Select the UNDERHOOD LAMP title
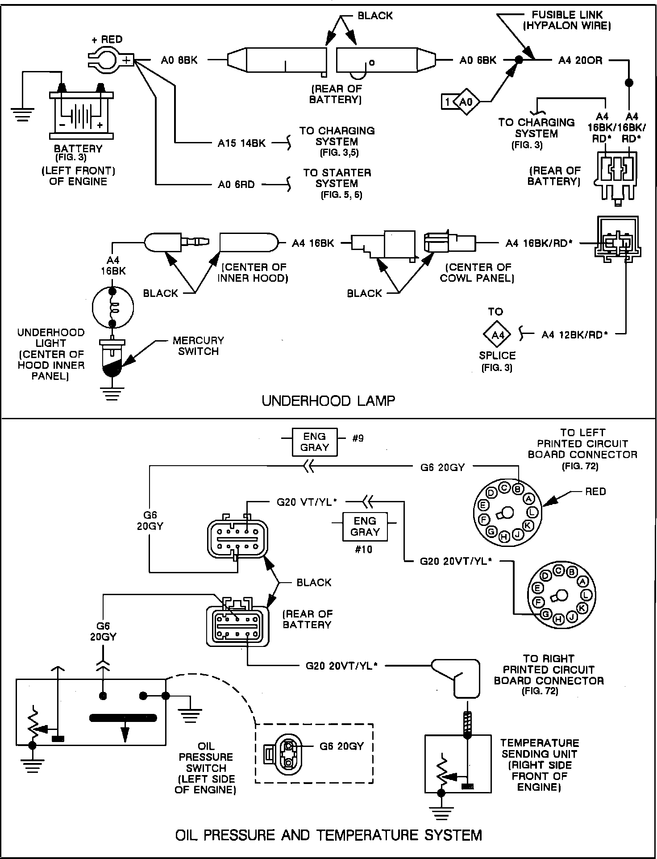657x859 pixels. click(328, 400)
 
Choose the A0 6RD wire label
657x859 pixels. click(236, 184)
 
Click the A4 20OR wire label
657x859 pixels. click(580, 60)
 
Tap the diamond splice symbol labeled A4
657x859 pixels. click(497, 334)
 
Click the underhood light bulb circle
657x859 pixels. click(112, 308)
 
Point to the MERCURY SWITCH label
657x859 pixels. click(198, 346)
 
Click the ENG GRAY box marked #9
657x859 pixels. click(314, 442)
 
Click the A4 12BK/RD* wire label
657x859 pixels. click(574, 334)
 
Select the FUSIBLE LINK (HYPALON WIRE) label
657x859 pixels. click(567, 20)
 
